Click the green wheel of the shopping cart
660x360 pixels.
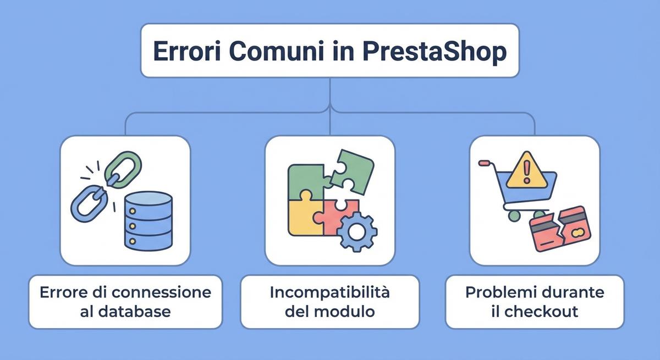coord(514,216)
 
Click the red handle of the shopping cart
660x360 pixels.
coord(483,163)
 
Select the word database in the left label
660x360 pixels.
coord(135,312)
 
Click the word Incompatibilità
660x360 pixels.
coord(330,292)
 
